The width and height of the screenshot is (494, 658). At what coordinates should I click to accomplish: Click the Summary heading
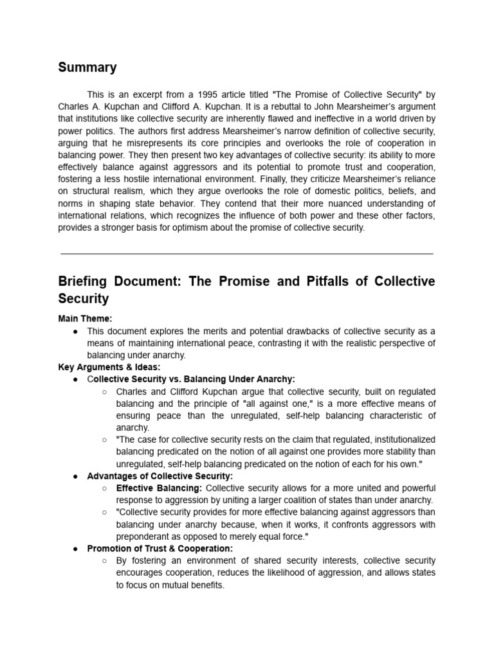pyautogui.click(x=87, y=67)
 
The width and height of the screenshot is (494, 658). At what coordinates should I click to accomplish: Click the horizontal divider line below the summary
pyautogui.click(x=246, y=254)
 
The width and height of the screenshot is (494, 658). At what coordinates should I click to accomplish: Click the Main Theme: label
pyautogui.click(x=85, y=318)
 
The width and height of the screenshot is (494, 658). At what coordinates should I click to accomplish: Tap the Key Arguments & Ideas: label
pyautogui.click(x=109, y=367)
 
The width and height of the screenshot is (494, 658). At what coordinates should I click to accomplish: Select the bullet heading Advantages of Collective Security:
pyautogui.click(x=160, y=476)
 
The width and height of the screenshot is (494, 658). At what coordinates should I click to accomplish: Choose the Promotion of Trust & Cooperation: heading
pyautogui.click(x=160, y=549)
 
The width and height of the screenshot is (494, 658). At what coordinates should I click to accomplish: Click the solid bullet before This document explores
pyautogui.click(x=76, y=331)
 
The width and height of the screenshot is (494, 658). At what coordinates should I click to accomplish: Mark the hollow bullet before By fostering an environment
pyautogui.click(x=105, y=561)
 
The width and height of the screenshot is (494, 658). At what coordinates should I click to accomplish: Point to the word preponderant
pyautogui.click(x=144, y=537)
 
